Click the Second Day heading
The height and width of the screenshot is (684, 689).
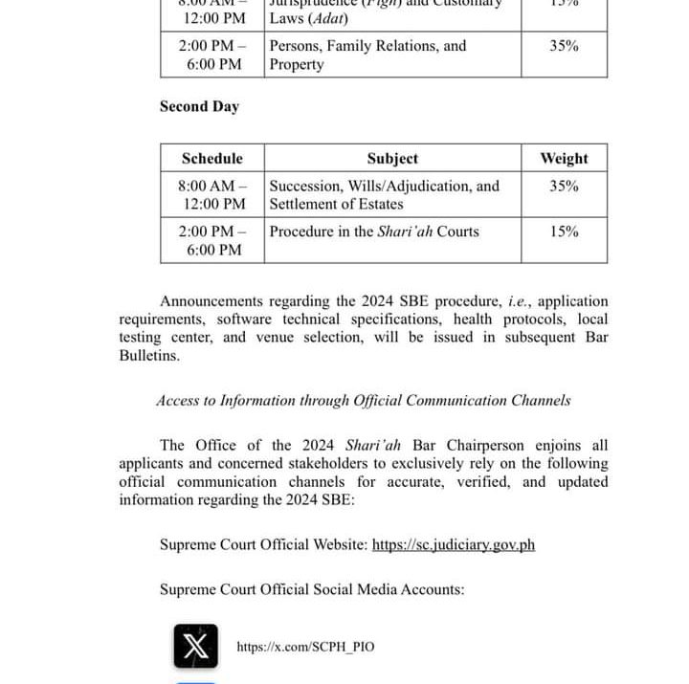coord(199,106)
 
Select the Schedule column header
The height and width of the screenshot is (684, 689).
coord(212,158)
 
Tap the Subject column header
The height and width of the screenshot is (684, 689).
coord(392,158)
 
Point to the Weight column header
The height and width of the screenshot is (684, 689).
coord(564,158)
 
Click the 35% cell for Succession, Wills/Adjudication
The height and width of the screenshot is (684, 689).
coord(564,186)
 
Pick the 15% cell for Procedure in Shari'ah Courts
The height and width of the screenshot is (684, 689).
coord(564,232)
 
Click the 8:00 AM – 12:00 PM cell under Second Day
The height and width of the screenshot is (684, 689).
coord(212,194)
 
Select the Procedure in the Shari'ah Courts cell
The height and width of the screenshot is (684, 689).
coord(374,232)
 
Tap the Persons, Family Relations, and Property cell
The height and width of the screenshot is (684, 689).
coord(367,55)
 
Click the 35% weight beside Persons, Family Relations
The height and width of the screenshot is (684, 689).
coord(564,45)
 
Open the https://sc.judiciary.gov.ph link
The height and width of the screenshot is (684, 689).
coord(453,544)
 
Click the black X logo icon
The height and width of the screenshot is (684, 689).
coord(195,646)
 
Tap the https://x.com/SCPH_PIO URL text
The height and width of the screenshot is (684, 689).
coord(305,647)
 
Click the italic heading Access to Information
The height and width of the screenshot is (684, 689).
coord(364,401)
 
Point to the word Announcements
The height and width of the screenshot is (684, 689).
coord(214,301)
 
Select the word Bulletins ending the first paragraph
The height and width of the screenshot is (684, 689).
coord(148,355)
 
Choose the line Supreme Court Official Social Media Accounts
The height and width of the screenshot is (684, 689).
coord(312,589)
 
